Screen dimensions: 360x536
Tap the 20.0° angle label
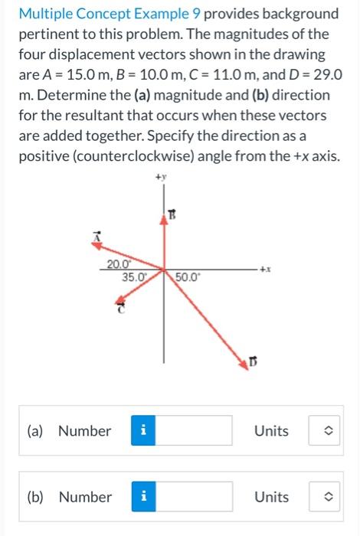pos(119,264)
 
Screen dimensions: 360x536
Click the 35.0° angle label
pos(134,277)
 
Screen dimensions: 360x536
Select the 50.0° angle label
pos(188,277)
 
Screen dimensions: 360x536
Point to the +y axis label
pos(161,178)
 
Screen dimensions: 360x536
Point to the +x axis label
pos(266,270)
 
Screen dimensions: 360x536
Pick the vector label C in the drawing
pos(119,309)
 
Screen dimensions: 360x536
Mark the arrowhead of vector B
pos(162,219)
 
